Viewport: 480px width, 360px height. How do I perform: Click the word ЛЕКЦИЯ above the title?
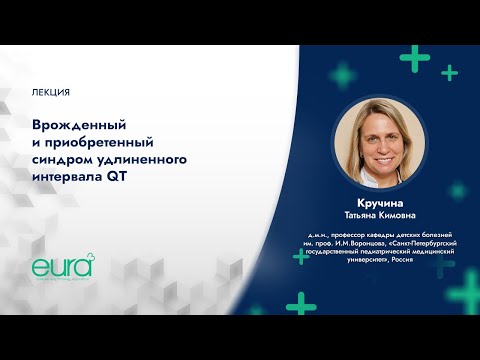51,92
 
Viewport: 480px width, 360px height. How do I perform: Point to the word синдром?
61,160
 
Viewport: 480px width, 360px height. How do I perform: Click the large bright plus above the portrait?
411,52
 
